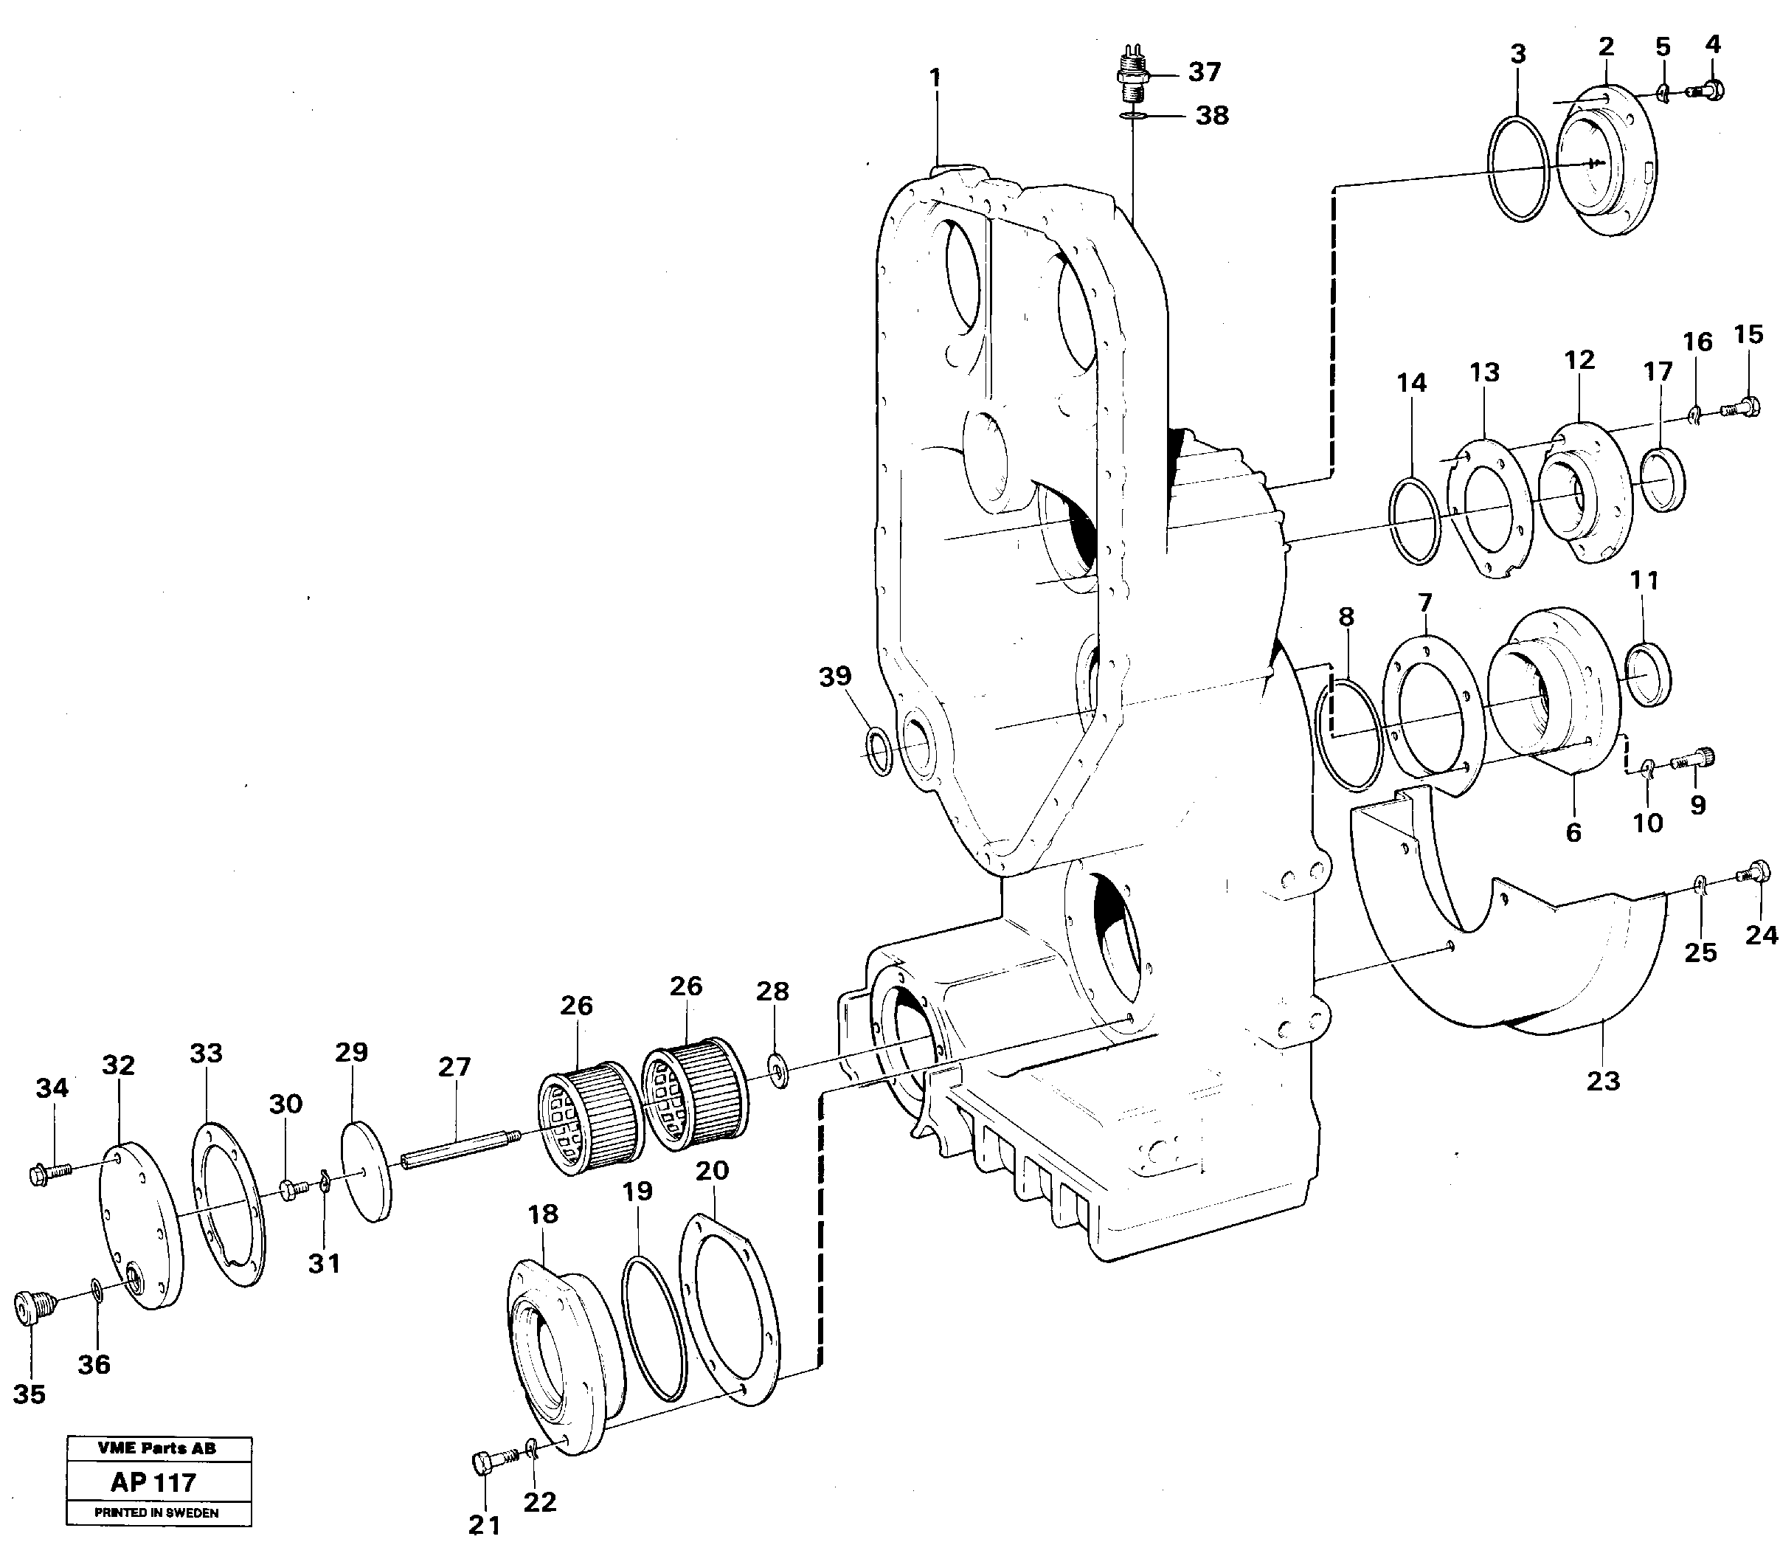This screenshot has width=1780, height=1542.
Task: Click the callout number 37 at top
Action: coord(1205,72)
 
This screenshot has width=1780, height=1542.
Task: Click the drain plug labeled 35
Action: coord(31,1310)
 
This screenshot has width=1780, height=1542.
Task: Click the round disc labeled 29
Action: coord(367,1169)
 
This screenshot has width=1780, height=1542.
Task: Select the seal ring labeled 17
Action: coord(1661,480)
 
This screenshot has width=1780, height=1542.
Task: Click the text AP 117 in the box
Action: coord(153,1482)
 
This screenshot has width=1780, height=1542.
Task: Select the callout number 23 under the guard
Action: coord(1602,1081)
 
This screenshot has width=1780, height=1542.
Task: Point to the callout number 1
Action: coord(935,78)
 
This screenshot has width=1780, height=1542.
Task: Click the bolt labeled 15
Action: coord(1739,405)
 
